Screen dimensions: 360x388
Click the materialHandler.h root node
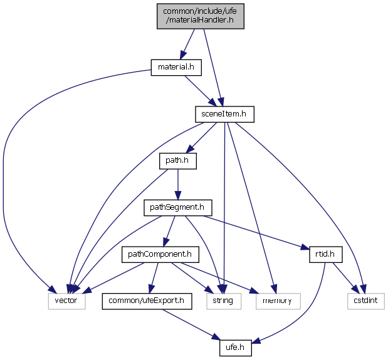[x=200, y=15]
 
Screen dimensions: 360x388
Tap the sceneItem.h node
[x=224, y=114]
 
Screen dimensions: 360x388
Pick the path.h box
[x=177, y=161]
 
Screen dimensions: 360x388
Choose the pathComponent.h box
[x=160, y=254]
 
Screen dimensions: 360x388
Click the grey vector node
[x=65, y=301]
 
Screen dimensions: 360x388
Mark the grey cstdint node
[x=365, y=301]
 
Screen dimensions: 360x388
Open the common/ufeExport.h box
[x=147, y=301]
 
